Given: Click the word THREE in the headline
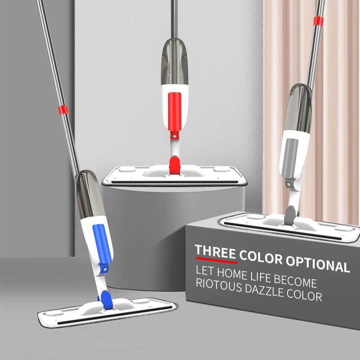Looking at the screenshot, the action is coord(216,252).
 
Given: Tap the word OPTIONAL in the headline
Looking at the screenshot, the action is coord(318,264).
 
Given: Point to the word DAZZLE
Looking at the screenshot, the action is coord(264,290).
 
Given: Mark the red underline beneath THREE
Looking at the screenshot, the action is coord(217,261).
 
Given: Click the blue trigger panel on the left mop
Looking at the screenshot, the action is coord(102,244).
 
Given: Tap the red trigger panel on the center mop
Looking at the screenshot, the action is coord(175,112).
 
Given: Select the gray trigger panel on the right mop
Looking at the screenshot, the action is coord(289,158).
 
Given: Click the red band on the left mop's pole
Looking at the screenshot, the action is coord(63,110).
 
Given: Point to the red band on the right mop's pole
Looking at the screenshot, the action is coord(318,21).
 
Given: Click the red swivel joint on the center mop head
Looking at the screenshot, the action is coord(175,165).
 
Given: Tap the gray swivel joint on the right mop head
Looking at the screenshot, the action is coord(290,215).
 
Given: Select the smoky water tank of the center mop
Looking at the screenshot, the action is coord(175,61).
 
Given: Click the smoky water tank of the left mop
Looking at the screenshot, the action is coord(89,194).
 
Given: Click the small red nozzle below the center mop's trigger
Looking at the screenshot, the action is coord(175,135).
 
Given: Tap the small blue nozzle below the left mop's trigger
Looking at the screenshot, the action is coord(104,268).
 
